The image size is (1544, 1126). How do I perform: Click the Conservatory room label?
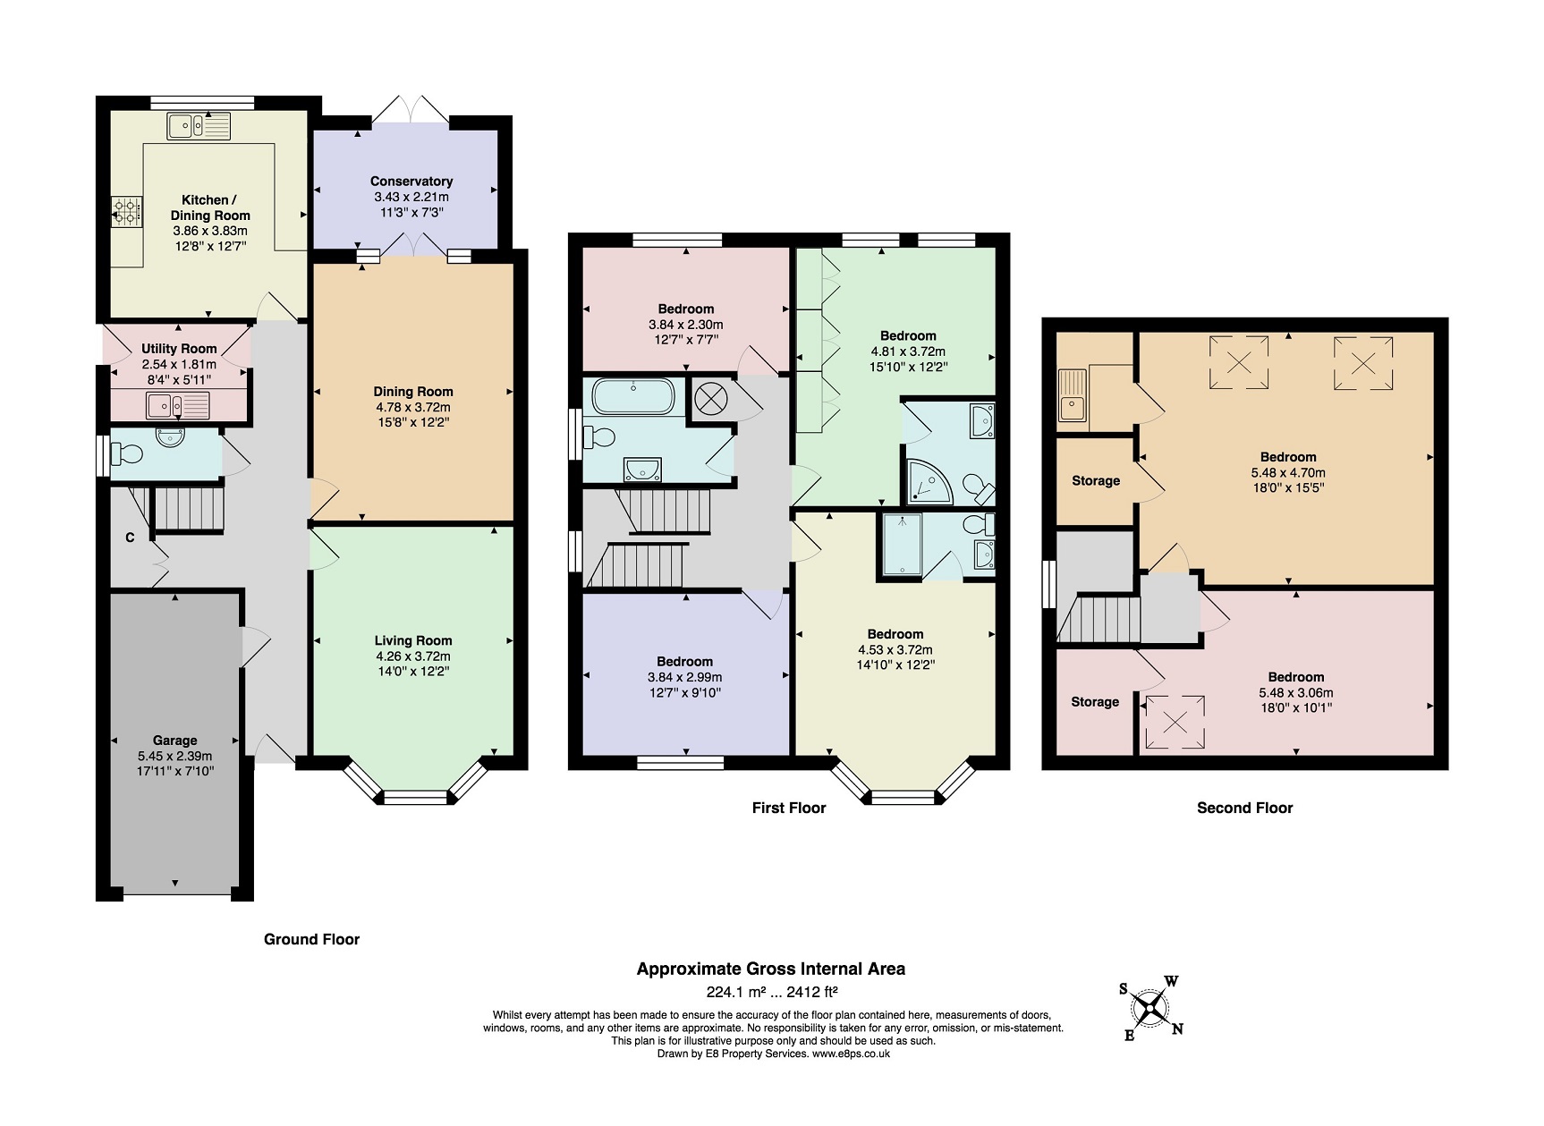[411, 182]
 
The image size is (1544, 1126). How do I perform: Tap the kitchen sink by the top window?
[199, 126]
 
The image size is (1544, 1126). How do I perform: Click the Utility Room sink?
[178, 405]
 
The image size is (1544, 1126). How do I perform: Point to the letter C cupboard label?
[130, 538]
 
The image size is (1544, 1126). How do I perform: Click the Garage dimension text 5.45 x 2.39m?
[175, 756]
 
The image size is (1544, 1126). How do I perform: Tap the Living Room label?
[413, 640]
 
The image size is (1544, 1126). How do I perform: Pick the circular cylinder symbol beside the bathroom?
[709, 398]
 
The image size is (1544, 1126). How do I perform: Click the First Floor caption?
[789, 809]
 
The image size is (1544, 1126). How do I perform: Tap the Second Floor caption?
[1244, 809]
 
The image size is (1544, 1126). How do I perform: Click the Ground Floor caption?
[311, 939]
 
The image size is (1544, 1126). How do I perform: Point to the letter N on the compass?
[1177, 1029]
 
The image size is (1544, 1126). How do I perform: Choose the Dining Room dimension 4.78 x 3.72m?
[412, 407]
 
